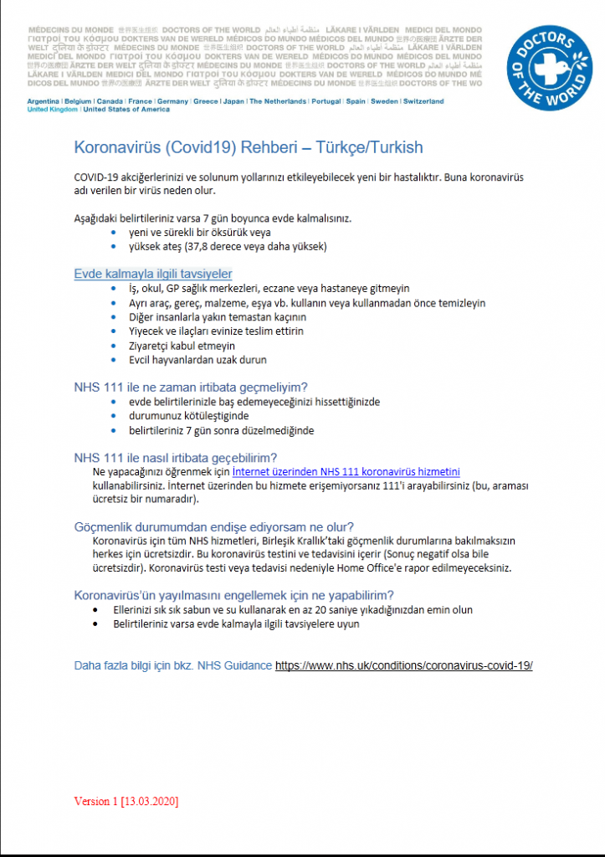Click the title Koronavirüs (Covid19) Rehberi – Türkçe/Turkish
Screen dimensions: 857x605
click(x=249, y=148)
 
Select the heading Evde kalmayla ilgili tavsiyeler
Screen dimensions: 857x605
click(x=153, y=274)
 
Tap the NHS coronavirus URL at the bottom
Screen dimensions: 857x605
click(x=404, y=665)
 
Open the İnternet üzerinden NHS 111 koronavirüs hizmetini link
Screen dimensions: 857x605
click(x=346, y=471)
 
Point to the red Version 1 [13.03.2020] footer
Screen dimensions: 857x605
click(x=126, y=801)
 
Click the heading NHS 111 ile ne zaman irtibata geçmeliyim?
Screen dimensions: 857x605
click(x=191, y=387)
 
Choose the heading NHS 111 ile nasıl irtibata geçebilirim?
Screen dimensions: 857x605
click(x=176, y=457)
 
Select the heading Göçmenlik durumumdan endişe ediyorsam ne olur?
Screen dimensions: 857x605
click(x=213, y=526)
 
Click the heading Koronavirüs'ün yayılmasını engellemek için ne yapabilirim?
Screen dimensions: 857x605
click(x=234, y=595)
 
